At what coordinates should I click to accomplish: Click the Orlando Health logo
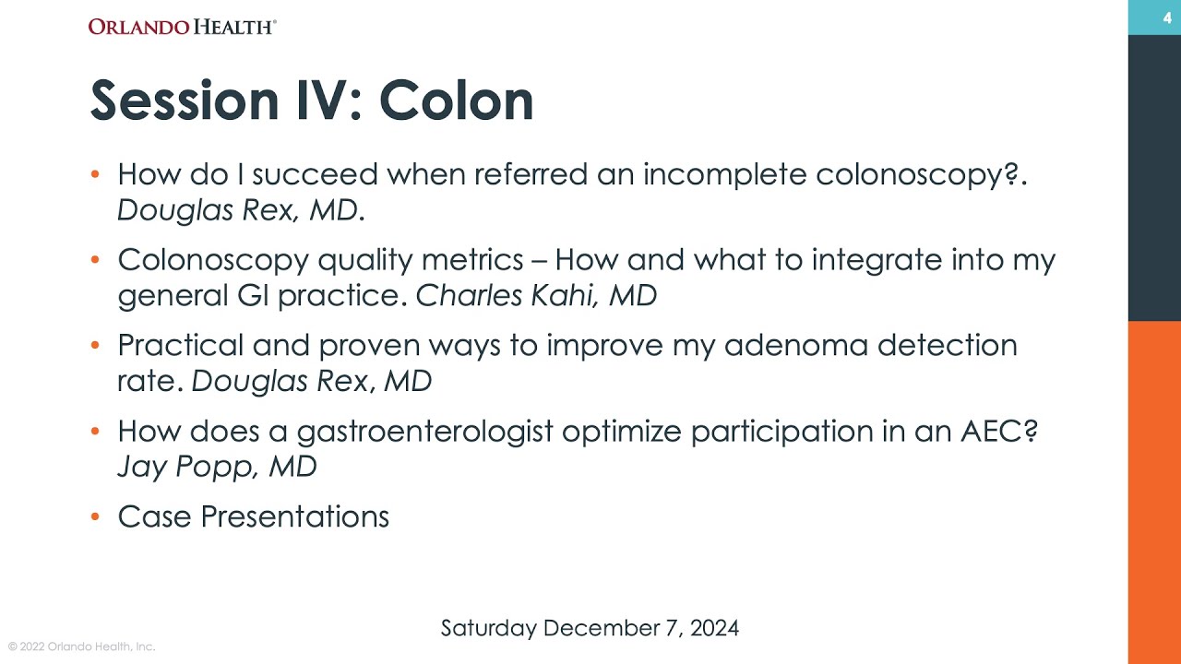(x=182, y=27)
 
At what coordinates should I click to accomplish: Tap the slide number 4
(x=1167, y=18)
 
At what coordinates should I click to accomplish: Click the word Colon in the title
(x=456, y=100)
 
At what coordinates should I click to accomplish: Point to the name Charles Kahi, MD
(x=536, y=295)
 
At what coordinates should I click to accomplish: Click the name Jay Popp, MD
(x=217, y=466)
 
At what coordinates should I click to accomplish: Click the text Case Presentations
(x=253, y=516)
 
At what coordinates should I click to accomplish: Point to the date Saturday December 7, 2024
(x=590, y=628)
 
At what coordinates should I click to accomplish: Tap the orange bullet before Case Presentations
(x=96, y=516)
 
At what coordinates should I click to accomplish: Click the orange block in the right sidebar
(x=1154, y=489)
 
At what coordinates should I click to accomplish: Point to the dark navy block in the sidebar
(x=1154, y=175)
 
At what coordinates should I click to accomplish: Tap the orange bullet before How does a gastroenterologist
(x=96, y=431)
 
